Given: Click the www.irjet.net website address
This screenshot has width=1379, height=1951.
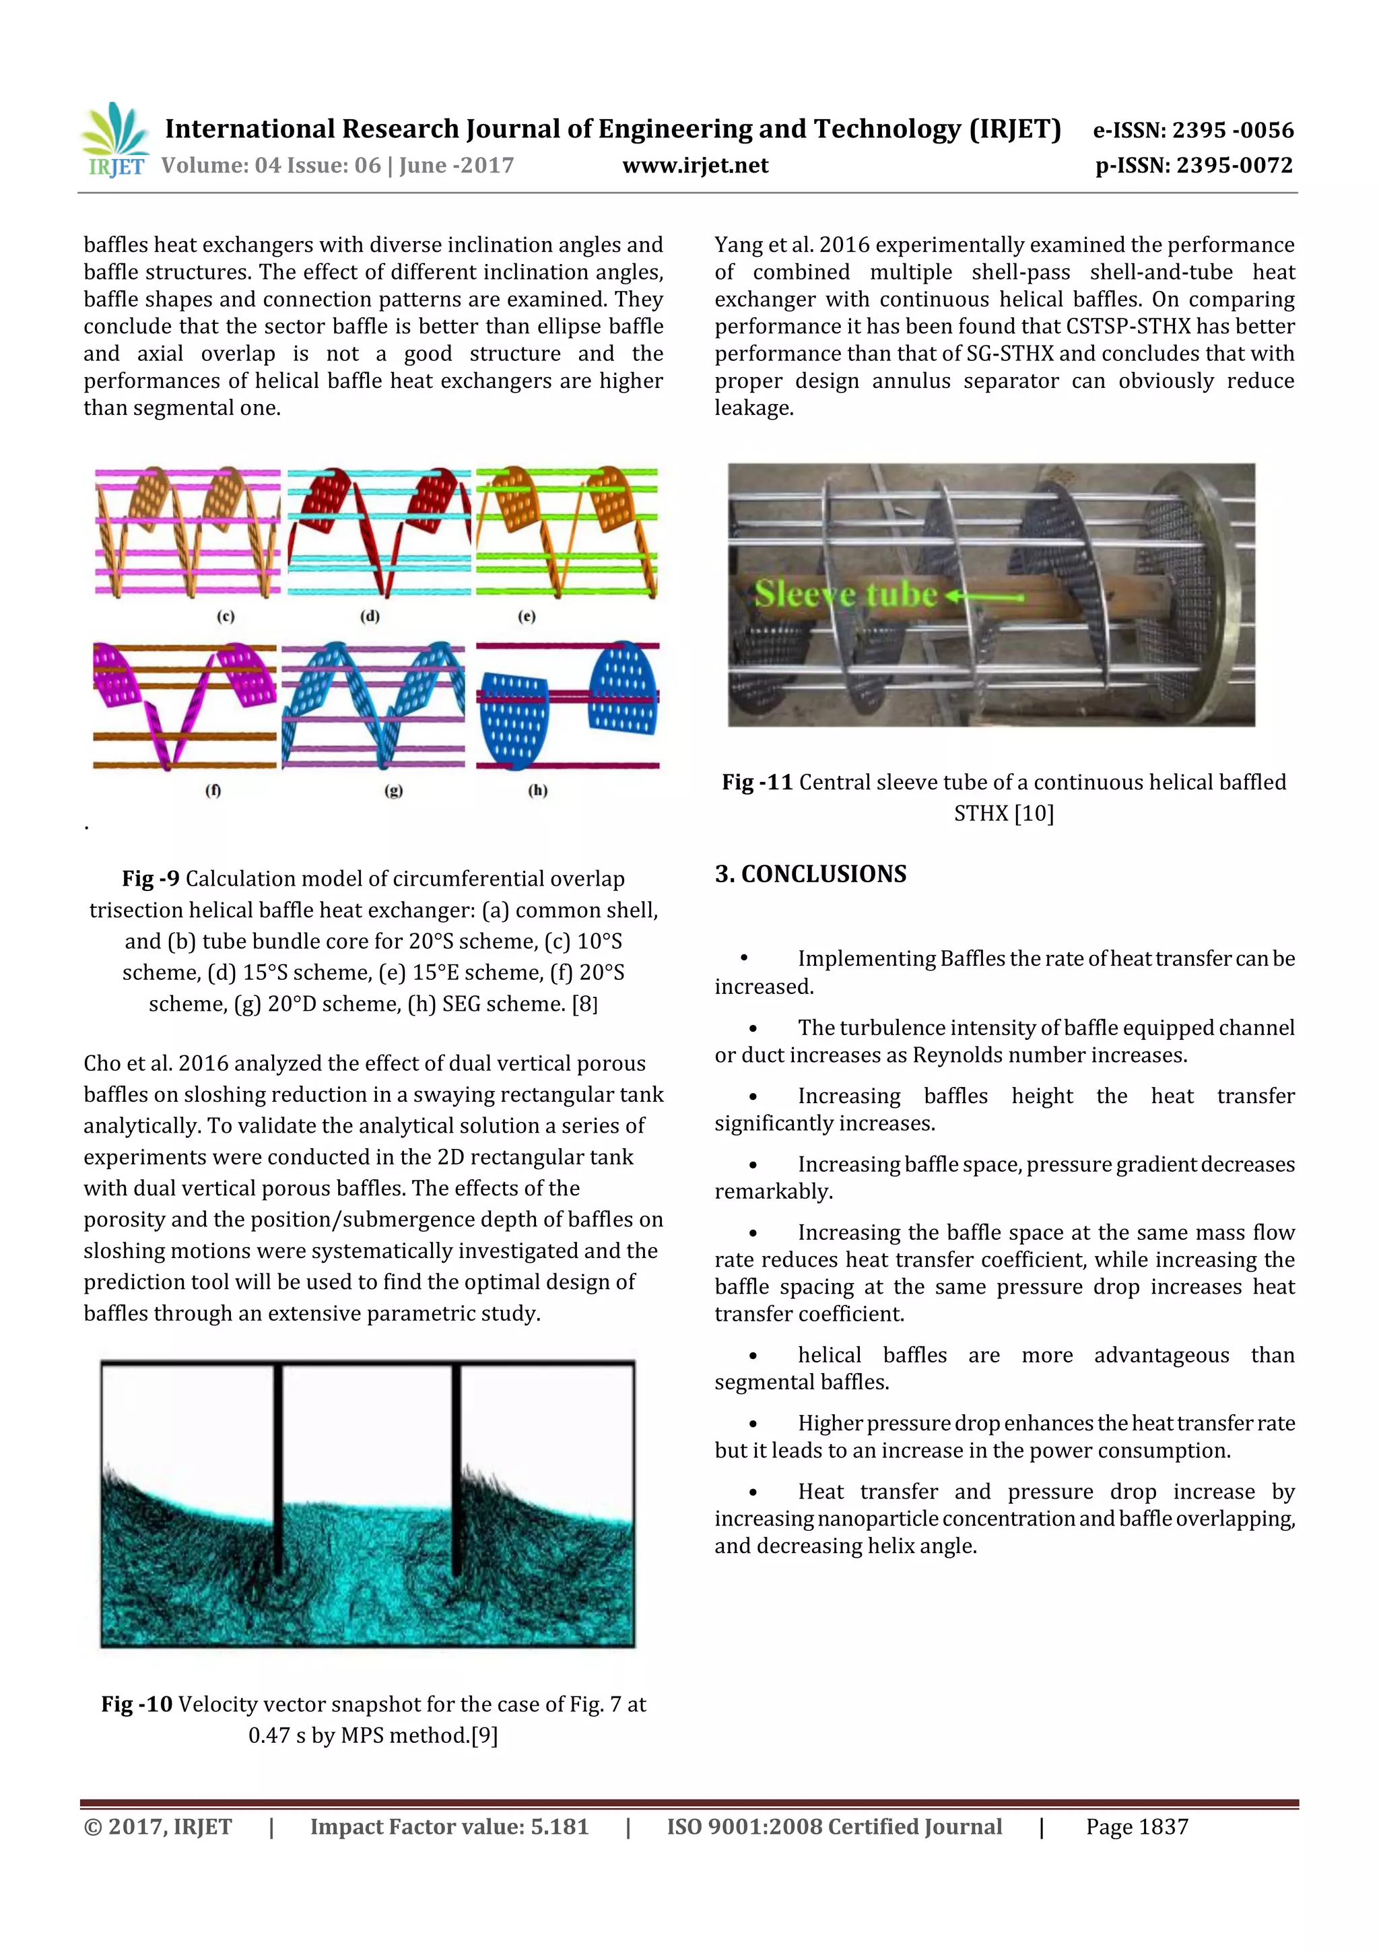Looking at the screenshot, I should click(x=695, y=166).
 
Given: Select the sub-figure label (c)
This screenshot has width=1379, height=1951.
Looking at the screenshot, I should click(x=225, y=616).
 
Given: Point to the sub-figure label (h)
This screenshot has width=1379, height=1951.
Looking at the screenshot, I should click(x=538, y=790).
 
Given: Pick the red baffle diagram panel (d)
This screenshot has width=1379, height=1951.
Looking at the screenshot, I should click(x=379, y=532).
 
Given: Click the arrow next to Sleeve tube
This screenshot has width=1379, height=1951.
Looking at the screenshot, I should click(x=986, y=597).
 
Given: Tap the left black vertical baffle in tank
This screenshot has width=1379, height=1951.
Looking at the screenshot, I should click(x=278, y=1468).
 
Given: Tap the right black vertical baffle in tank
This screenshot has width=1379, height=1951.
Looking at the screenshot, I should click(x=457, y=1468).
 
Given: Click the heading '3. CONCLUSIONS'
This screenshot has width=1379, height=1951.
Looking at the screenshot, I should click(x=811, y=874).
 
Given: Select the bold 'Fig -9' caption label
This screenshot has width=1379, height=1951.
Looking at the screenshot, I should click(x=150, y=879).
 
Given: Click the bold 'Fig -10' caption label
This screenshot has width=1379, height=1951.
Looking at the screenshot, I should click(x=137, y=1704).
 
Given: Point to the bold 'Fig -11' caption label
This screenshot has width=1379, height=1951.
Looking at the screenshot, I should click(x=757, y=783).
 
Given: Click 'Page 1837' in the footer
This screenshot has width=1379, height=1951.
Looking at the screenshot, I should click(x=1136, y=1827).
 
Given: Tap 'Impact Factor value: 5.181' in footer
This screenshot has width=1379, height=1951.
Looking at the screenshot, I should click(x=448, y=1827).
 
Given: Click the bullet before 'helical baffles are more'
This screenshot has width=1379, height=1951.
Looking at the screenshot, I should click(x=753, y=1356).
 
